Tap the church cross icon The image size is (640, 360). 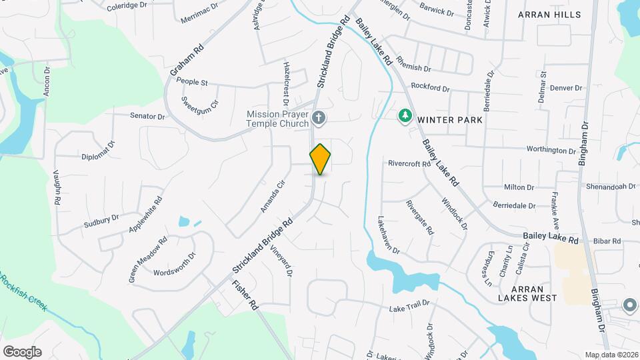tap(319, 119)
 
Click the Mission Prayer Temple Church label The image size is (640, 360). tap(277, 119)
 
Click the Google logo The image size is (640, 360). tap(22, 352)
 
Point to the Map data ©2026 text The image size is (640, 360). tap(611, 355)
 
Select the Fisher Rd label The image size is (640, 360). tap(245, 295)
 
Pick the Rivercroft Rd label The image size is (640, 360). tap(409, 163)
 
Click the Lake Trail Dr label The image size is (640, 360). tap(409, 309)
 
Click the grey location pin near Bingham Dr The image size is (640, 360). tap(630, 305)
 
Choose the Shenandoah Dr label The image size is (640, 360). tap(611, 187)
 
